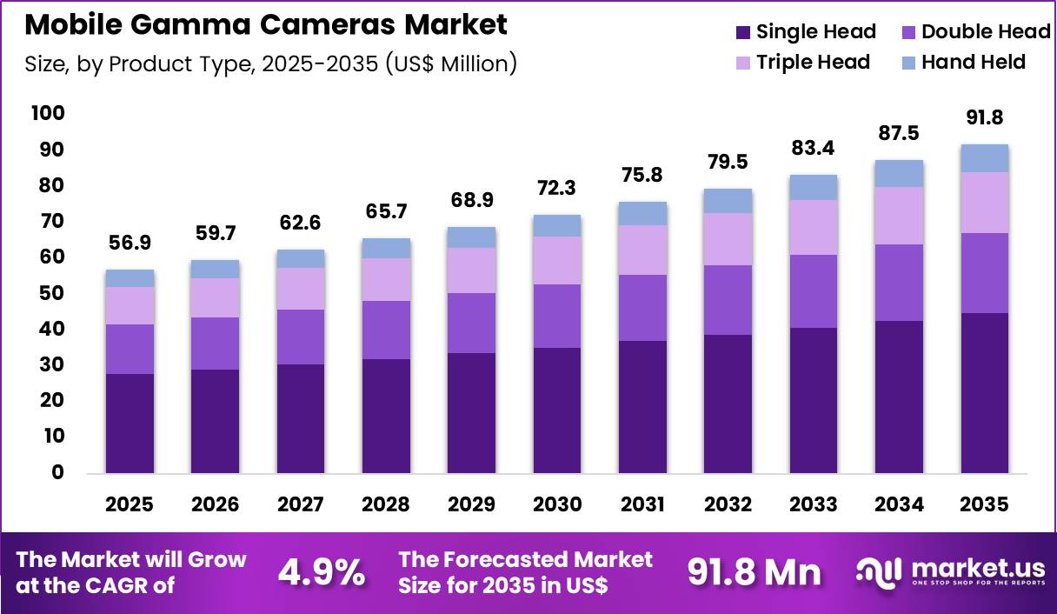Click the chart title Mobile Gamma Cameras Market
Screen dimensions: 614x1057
(266, 25)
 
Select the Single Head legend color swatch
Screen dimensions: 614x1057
(742, 33)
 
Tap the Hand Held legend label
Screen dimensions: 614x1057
(974, 63)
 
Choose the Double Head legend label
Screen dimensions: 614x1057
(986, 33)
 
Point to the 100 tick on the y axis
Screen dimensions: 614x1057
(48, 114)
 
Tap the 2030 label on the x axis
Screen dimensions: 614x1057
(557, 505)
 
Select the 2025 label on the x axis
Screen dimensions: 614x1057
(130, 505)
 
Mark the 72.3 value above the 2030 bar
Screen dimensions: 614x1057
(557, 189)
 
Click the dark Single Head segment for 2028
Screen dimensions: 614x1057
(386, 416)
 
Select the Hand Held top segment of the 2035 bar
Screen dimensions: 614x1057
(985, 158)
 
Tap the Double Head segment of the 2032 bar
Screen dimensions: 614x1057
(728, 300)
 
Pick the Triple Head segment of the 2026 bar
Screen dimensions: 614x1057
(215, 297)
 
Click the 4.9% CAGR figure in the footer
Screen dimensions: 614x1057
(321, 572)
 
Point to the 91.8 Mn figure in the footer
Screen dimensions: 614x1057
(754, 572)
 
